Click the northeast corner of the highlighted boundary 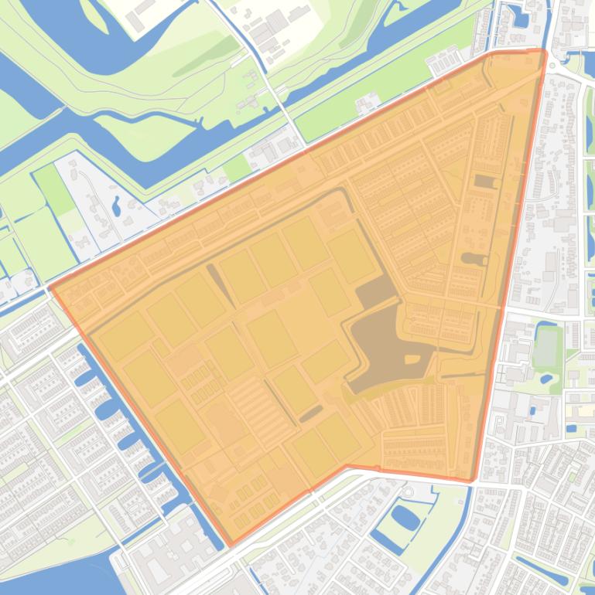click(544, 52)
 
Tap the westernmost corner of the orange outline click(50, 288)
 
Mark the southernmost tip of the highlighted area click(231, 545)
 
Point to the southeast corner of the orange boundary click(471, 480)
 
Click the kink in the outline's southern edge click(346, 466)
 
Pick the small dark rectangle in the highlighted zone click(485, 182)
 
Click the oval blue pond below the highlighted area click(405, 516)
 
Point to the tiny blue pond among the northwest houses click(116, 206)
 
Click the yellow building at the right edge click(572, 428)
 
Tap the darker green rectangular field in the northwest click(54, 189)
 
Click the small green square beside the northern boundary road click(237, 168)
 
